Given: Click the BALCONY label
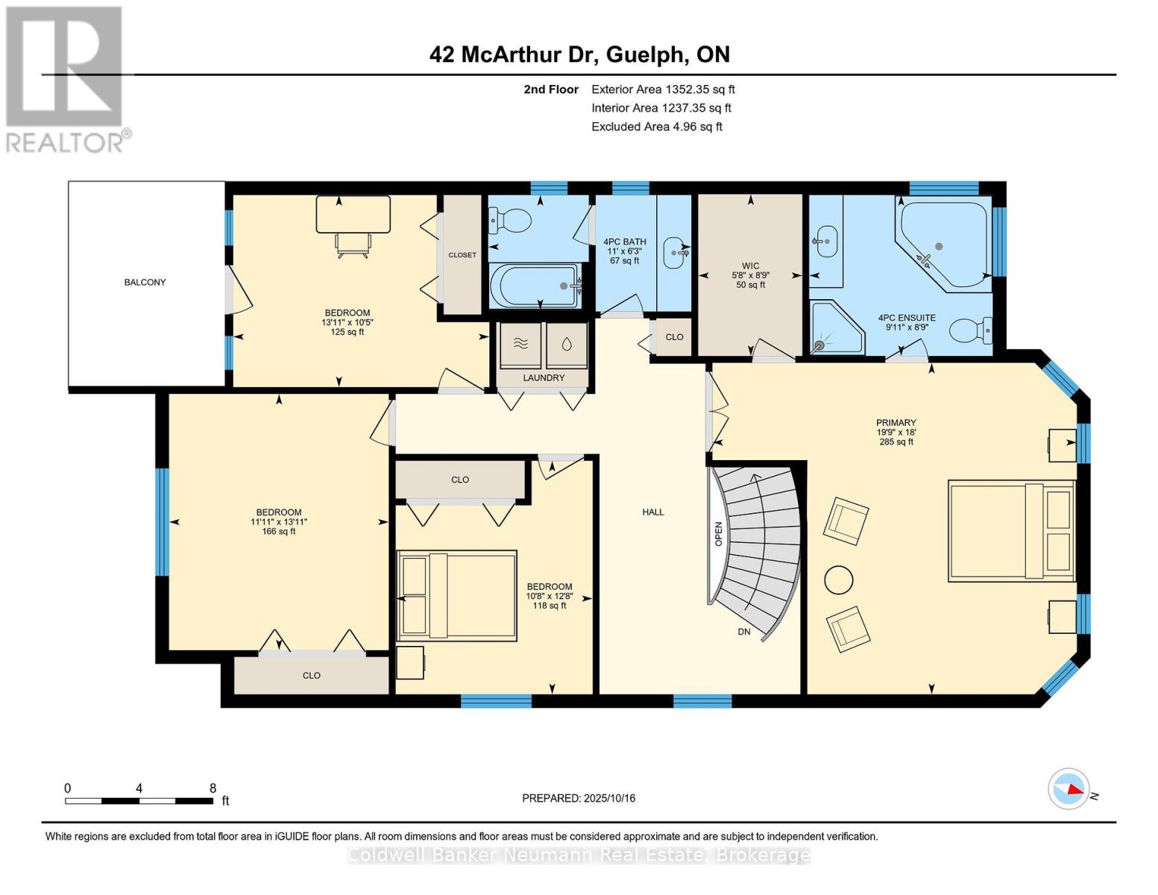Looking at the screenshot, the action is [145, 282].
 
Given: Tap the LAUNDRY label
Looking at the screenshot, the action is [544, 377].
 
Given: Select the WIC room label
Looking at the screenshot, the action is [750, 266].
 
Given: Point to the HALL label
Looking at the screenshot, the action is [652, 512].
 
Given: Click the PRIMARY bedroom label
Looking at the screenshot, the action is [896, 422].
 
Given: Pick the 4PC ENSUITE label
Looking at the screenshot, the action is [907, 318].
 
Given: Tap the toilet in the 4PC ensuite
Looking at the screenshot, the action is [970, 330].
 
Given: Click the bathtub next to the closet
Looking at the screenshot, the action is [535, 285].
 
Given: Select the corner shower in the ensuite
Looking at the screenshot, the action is [837, 327].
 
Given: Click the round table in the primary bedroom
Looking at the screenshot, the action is [838, 580].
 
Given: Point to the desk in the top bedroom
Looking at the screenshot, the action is [353, 214].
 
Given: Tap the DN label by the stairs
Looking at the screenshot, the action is [744, 632].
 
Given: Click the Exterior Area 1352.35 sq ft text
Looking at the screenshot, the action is [663, 89].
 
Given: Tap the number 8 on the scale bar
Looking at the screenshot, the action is [213, 788].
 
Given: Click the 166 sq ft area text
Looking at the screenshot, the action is [279, 532].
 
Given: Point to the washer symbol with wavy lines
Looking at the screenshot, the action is [520, 344].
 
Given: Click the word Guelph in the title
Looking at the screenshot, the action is [645, 55].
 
